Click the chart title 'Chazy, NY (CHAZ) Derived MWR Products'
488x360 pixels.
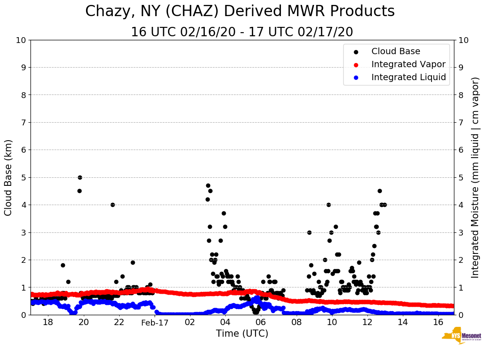click(x=240, y=12)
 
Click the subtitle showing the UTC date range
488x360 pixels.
click(x=242, y=32)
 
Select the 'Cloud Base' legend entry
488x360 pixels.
click(x=396, y=51)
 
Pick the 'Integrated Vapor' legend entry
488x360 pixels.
click(x=408, y=64)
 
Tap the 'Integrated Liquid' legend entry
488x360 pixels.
click(x=408, y=77)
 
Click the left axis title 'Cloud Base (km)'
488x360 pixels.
click(x=9, y=177)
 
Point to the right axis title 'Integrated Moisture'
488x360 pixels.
click(x=475, y=177)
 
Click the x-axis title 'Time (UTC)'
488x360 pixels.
click(x=242, y=334)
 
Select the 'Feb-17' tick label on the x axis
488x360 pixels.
click(x=155, y=322)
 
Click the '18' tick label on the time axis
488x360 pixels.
click(x=48, y=322)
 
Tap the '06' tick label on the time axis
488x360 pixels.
click(x=261, y=322)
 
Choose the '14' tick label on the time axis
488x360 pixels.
click(x=402, y=322)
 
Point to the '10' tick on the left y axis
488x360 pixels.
click(x=21, y=40)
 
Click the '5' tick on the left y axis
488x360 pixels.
click(x=23, y=177)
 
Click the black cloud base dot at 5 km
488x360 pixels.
click(x=80, y=177)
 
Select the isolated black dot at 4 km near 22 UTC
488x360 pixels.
click(x=112, y=205)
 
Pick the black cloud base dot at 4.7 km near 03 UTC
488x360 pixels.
click(x=208, y=185)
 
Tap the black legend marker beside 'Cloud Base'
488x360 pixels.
click(x=356, y=52)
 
